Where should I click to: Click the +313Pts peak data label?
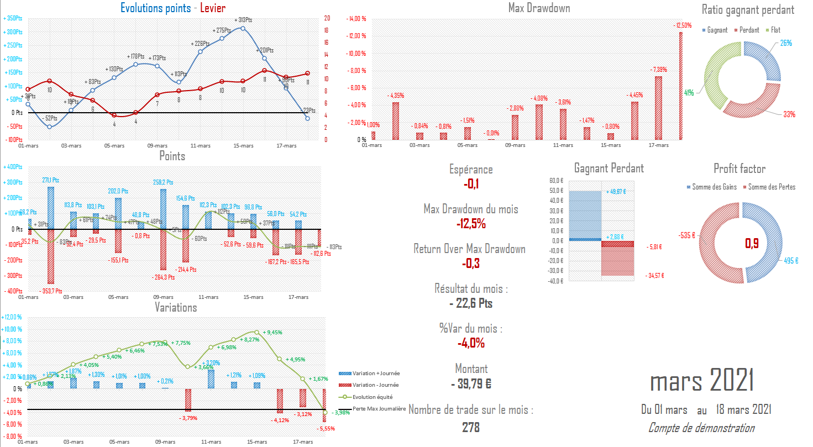point(244,20)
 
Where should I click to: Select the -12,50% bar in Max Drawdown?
point(681,86)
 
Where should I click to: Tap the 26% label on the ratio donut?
point(786,43)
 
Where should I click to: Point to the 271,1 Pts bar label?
point(51,180)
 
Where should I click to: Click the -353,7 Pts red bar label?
point(51,290)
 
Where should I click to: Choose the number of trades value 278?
point(471,427)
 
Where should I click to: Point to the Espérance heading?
point(471,170)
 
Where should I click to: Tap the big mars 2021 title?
point(702,381)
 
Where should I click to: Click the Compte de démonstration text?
point(701,428)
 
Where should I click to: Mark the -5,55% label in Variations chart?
point(324,428)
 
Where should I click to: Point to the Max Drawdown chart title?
point(539,8)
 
